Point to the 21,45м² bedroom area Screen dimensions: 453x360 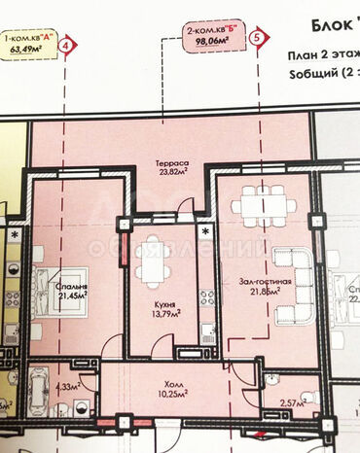pyautogui.click(x=70, y=299)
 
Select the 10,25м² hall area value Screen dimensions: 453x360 pyautogui.click(x=171, y=396)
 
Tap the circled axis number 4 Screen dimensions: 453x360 pyautogui.click(x=66, y=45)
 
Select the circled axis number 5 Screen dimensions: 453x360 pyautogui.click(x=257, y=38)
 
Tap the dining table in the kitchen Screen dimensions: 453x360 pyautogui.click(x=155, y=261)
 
